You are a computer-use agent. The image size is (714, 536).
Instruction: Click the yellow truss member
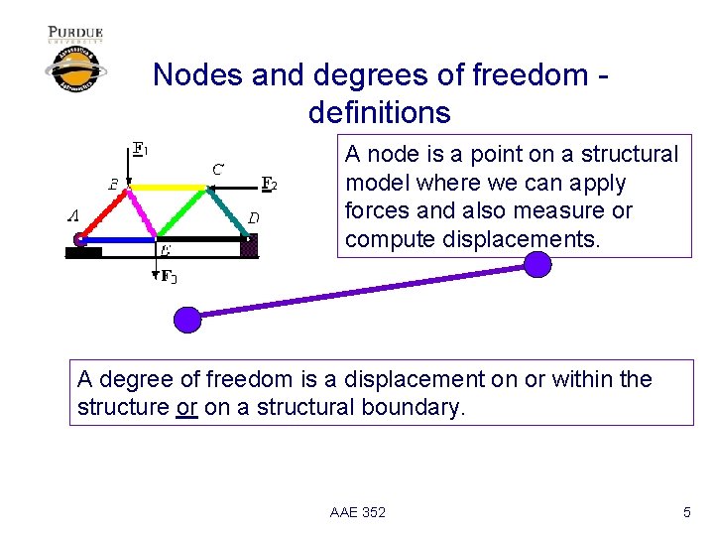click(x=169, y=187)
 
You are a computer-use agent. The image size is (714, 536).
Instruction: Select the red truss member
click(x=104, y=212)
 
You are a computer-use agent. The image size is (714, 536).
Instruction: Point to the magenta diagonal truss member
click(x=143, y=212)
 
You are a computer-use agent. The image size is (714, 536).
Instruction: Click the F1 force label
click(x=141, y=150)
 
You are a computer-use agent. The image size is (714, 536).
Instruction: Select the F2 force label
click(x=269, y=183)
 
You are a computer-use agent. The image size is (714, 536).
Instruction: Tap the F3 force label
click(x=170, y=276)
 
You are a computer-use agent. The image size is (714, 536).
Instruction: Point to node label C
click(x=217, y=168)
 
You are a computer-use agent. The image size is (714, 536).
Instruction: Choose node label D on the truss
click(x=254, y=217)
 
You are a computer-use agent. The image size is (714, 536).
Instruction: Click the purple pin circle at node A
click(x=79, y=239)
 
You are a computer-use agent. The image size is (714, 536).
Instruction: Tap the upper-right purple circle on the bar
click(x=536, y=264)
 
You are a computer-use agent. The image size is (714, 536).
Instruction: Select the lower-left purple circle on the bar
click(x=186, y=319)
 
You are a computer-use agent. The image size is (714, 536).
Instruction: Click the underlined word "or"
click(x=186, y=407)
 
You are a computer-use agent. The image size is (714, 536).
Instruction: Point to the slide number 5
click(x=686, y=512)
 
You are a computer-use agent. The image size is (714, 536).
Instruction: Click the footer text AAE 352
click(x=358, y=512)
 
